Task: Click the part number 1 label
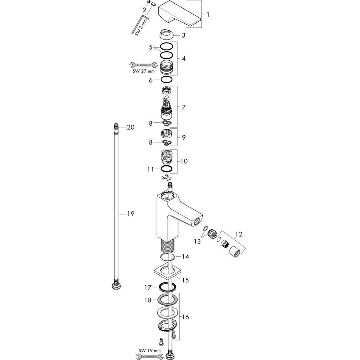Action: click(208, 15)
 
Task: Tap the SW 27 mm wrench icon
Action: click(143, 65)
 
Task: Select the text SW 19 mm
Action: click(150, 350)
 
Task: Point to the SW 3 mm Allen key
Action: click(139, 25)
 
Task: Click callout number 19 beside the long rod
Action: click(131, 214)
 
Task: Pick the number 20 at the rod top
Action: click(131, 127)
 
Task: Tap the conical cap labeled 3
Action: click(167, 34)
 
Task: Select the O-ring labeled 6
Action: click(166, 80)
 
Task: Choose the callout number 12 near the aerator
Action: click(239, 234)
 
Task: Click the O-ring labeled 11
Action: click(166, 169)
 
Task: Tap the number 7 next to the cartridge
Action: click(184, 107)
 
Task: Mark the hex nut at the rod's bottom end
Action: click(116, 287)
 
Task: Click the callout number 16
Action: click(185, 317)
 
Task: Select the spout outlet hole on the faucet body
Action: click(197, 222)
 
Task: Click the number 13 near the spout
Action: click(197, 241)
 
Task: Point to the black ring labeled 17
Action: click(167, 288)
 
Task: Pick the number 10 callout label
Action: click(184, 161)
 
